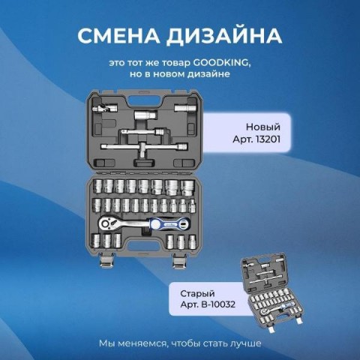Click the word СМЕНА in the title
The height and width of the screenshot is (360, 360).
tap(119, 36)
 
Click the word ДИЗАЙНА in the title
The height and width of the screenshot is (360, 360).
tap(224, 37)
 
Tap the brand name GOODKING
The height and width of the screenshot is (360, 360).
tap(221, 63)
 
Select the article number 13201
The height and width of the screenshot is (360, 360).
tap(267, 139)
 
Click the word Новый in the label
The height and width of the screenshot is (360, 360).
tap(263, 127)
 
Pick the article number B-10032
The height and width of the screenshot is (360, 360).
tap(218, 304)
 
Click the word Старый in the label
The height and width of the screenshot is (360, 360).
tap(197, 293)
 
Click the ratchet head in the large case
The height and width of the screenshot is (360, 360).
tap(107, 223)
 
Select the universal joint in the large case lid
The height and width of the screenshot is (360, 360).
tap(104, 109)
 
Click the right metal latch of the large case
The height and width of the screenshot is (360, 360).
tap(180, 262)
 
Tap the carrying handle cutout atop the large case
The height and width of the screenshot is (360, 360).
tap(144, 101)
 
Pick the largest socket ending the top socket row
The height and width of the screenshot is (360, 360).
tap(187, 187)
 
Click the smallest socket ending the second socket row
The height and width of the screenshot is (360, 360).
tap(192, 206)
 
